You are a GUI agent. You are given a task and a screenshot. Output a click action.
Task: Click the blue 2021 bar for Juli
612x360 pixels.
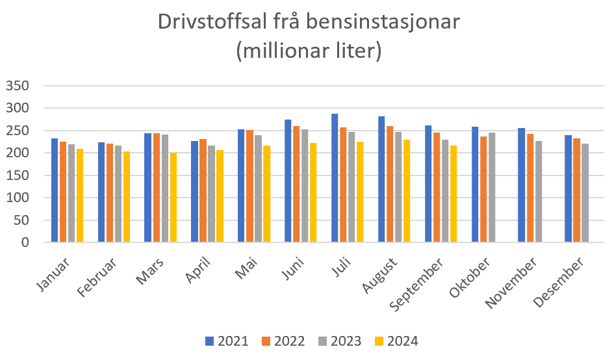click(335, 178)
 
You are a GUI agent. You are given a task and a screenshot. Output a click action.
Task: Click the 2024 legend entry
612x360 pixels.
click(397, 341)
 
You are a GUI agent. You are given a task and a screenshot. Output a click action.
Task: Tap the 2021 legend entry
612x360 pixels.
click(227, 341)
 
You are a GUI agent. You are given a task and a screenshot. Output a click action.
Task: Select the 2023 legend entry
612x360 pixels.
click(340, 341)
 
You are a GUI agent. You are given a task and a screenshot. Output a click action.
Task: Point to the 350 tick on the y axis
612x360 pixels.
click(18, 86)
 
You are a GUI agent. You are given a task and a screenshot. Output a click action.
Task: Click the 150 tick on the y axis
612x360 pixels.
click(18, 175)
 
